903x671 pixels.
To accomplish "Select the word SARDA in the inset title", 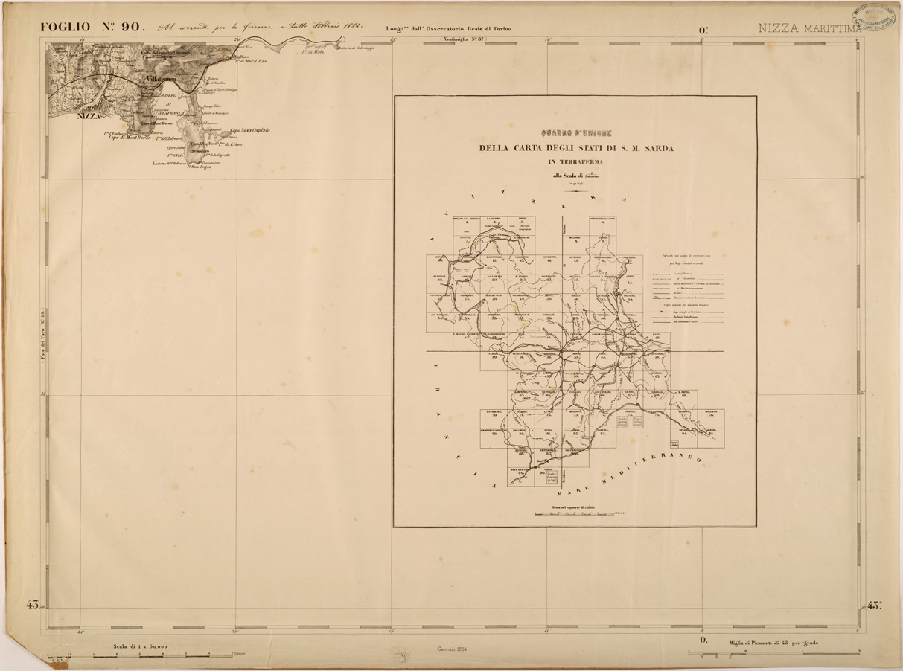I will pos(657,148).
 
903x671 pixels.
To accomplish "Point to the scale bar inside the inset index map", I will pos(575,513).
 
